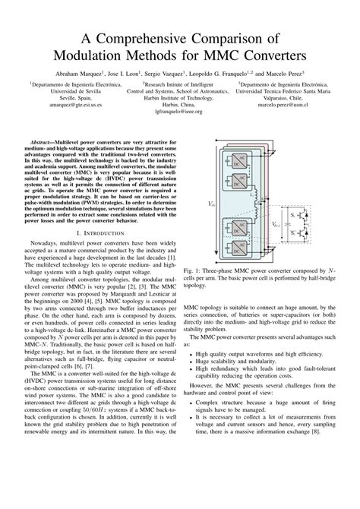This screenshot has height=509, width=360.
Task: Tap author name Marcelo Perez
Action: point(309,73)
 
